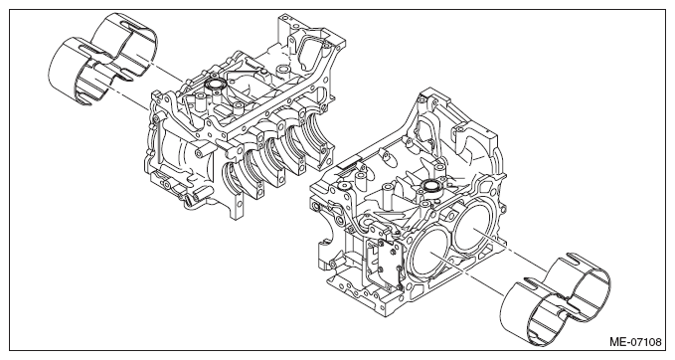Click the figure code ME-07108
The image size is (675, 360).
[x=635, y=342]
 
